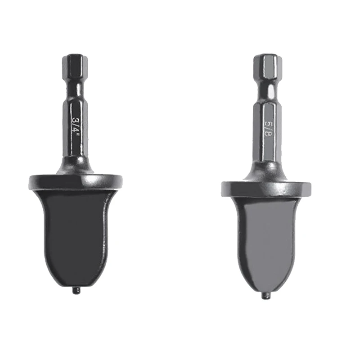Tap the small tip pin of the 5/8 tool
pyautogui.click(x=266, y=296)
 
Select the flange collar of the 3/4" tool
pyautogui.click(x=75, y=181)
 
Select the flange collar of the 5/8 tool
pyautogui.click(x=266, y=189)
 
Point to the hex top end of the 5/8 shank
pyautogui.click(x=268, y=66)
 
